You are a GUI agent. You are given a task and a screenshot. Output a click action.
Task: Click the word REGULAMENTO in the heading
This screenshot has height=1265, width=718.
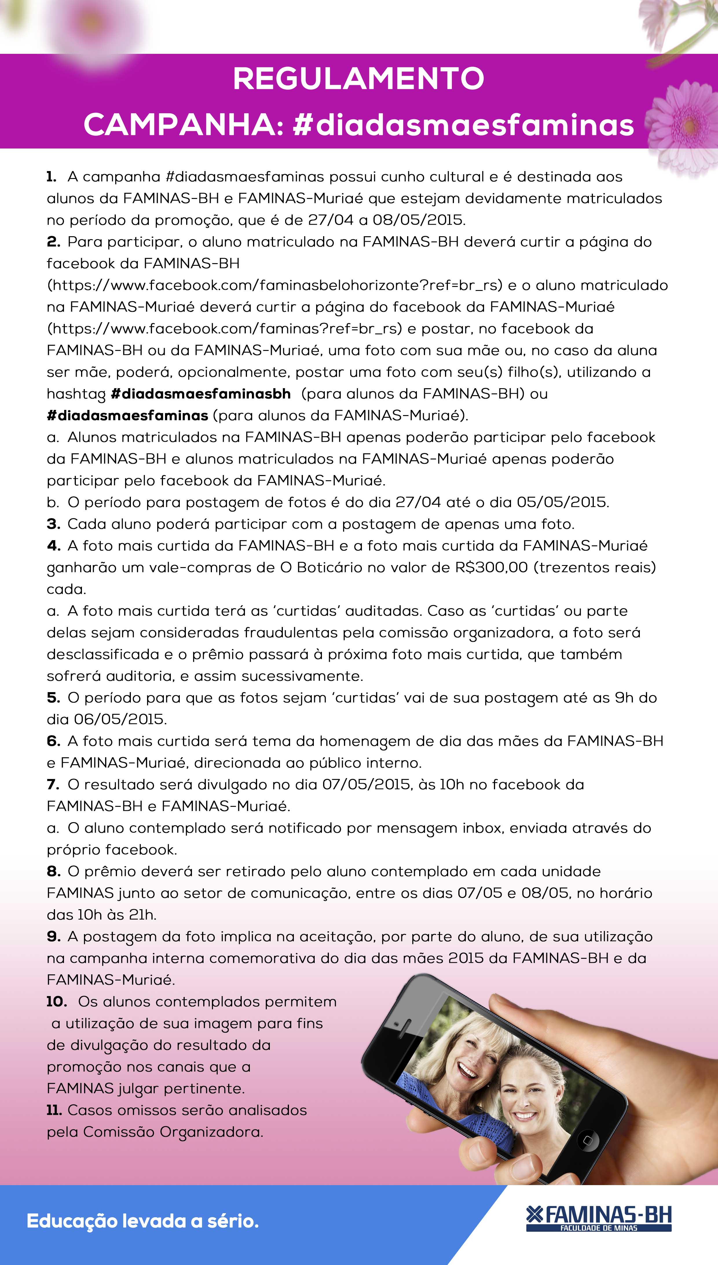[x=358, y=79]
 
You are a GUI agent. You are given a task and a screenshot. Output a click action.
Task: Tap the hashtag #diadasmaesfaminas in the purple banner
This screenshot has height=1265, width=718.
[x=463, y=125]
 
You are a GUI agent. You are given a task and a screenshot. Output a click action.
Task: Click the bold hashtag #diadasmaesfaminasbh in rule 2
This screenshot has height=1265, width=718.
[x=201, y=394]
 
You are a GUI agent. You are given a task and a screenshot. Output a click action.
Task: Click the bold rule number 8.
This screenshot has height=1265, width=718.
[x=53, y=871]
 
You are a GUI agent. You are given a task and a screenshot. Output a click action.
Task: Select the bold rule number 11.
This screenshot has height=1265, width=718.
[x=54, y=1110]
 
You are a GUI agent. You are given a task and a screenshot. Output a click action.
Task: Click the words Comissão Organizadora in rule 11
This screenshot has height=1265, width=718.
[x=173, y=1132]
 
